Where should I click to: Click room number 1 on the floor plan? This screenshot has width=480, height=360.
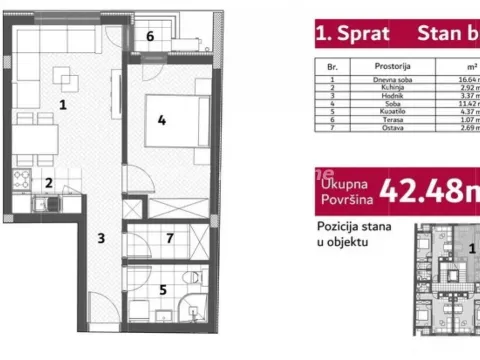click(x=63, y=103)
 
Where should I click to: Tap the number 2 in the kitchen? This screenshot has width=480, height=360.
click(x=47, y=182)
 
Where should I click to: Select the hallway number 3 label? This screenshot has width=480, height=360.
click(x=101, y=238)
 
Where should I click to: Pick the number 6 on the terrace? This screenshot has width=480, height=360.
click(x=150, y=37)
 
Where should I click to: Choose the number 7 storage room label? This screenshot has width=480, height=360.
click(x=170, y=238)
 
